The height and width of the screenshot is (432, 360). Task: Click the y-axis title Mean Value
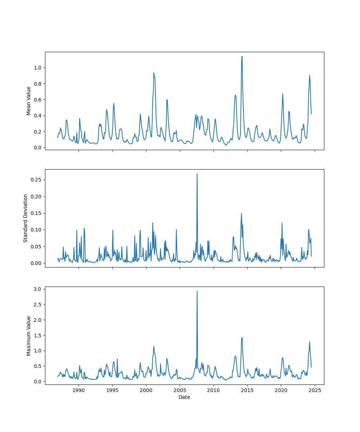point(29,101)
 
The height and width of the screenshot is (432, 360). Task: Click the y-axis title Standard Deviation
point(26,218)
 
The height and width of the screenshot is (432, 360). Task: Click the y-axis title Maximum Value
point(29,336)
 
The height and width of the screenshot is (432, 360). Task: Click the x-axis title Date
point(184,397)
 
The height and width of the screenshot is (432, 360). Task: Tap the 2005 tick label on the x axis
point(180,390)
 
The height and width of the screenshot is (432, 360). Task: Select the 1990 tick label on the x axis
point(78,390)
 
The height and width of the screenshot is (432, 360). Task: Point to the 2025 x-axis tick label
point(315,390)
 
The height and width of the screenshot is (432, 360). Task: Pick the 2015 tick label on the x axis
point(247,390)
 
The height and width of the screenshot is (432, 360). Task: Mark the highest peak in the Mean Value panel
point(242,56)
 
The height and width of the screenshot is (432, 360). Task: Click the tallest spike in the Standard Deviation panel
point(197,174)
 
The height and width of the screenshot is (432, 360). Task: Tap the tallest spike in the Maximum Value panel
point(197,291)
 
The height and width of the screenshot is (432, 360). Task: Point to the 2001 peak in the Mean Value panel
point(154,73)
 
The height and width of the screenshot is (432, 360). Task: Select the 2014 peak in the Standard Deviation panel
point(242,213)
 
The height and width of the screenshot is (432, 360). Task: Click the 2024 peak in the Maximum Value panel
point(309,342)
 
